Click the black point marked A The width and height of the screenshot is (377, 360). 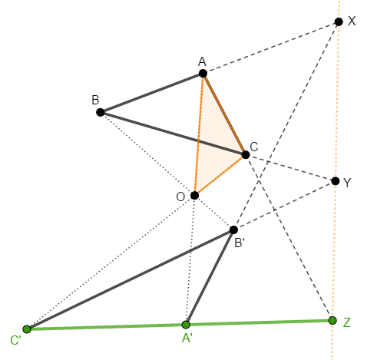203,74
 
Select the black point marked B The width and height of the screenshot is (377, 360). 101,112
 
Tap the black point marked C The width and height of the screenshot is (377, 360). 246,154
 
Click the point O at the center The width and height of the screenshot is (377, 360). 194,195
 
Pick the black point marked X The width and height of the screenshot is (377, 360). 339,21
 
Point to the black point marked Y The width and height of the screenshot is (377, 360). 336,181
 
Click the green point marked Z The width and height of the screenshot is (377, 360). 332,320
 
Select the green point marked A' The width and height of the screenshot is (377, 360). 186,325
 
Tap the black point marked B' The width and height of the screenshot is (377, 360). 233,230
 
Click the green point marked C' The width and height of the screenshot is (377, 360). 27,329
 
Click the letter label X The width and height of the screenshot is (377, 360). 352,21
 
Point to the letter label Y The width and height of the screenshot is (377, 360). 347,183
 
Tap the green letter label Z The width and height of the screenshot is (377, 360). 347,322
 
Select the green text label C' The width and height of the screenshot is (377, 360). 15,340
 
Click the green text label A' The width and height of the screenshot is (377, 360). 187,339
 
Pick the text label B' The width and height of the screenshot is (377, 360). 240,243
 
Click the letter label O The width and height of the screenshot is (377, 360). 180,197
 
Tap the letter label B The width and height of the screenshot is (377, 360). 95,100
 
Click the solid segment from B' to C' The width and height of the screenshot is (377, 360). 130,279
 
